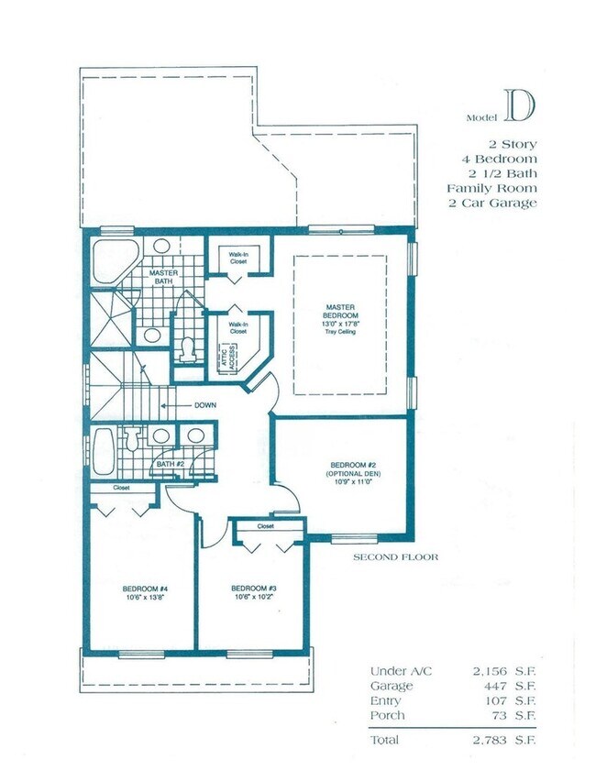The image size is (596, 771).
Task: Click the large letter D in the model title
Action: click(x=519, y=108)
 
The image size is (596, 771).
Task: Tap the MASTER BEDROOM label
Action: click(x=340, y=311)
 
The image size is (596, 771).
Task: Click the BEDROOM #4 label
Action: click(x=144, y=588)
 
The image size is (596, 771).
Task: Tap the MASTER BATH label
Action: click(x=162, y=276)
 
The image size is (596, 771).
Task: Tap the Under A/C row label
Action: click(x=400, y=671)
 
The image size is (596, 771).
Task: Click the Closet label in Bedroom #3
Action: click(x=266, y=526)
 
